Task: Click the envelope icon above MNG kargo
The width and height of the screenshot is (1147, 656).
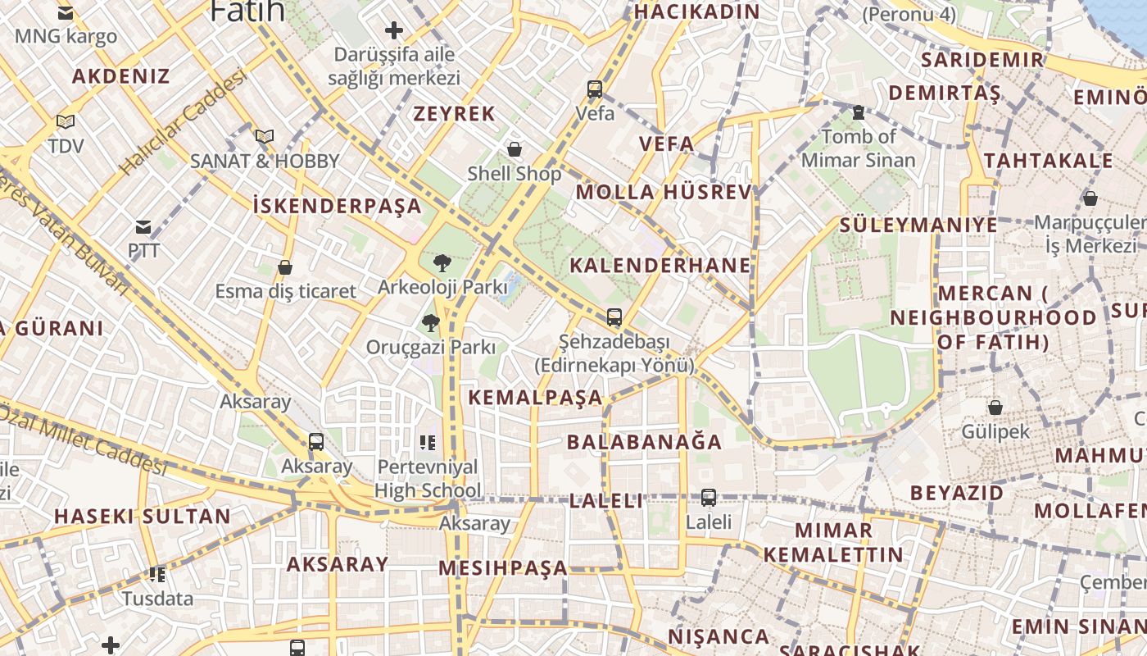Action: click(x=66, y=13)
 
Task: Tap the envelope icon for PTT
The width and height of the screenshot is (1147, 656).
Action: click(x=143, y=227)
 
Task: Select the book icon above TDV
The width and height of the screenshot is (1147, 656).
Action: click(x=66, y=122)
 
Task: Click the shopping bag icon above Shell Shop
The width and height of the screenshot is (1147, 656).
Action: click(x=515, y=149)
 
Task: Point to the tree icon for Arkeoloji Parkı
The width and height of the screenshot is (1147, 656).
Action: click(x=442, y=263)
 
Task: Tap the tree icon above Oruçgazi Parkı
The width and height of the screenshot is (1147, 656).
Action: click(x=430, y=323)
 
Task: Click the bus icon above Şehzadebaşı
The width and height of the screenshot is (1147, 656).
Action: click(x=614, y=317)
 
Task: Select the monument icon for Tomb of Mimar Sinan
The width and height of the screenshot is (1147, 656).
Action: click(x=859, y=112)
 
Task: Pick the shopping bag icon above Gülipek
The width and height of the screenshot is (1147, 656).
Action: click(x=995, y=408)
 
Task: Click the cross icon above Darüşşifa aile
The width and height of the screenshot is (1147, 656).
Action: click(x=394, y=31)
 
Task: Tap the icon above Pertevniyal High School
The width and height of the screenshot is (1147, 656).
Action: click(x=427, y=443)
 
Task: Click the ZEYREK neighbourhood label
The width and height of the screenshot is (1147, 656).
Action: click(x=455, y=114)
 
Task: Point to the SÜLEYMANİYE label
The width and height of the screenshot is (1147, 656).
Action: click(x=918, y=225)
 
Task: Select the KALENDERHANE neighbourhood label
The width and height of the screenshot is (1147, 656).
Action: click(x=660, y=266)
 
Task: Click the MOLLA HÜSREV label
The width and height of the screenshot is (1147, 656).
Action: click(x=664, y=193)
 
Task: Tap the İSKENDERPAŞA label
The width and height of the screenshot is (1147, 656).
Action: click(x=338, y=206)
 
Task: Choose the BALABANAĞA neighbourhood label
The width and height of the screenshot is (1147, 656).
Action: click(x=644, y=442)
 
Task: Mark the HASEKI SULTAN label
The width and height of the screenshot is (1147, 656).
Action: click(x=143, y=517)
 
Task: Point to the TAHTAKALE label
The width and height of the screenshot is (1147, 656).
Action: click(x=1049, y=161)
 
